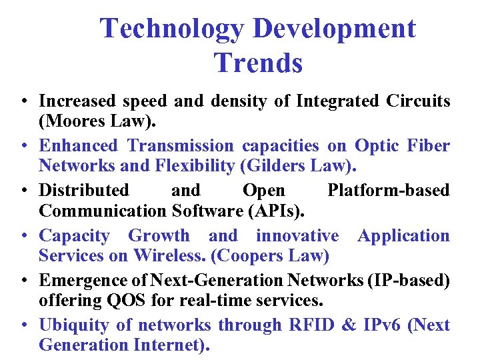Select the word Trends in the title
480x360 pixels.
click(x=258, y=63)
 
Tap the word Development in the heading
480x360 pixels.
click(x=334, y=29)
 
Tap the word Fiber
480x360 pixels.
click(x=429, y=145)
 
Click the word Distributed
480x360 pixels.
click(x=84, y=191)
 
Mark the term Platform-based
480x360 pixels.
click(x=388, y=191)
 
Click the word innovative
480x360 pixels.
click(x=297, y=235)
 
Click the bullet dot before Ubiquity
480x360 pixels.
click(x=23, y=326)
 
